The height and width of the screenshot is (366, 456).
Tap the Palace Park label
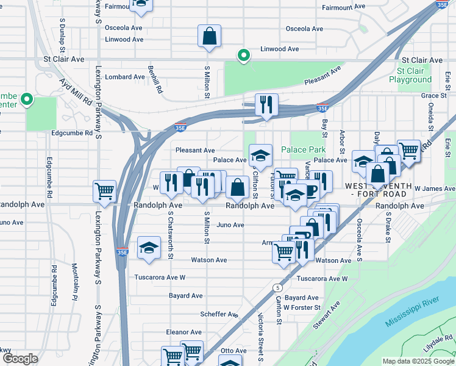click(x=303, y=149)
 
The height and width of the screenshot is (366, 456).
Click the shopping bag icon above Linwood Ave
click(x=209, y=36)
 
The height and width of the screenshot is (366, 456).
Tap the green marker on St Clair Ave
click(x=243, y=56)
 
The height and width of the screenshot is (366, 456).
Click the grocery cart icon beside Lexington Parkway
click(x=104, y=191)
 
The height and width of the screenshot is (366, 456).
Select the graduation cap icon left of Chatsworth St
click(x=149, y=248)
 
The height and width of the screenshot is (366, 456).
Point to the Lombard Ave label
click(x=125, y=77)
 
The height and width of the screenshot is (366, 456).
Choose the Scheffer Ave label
click(x=219, y=314)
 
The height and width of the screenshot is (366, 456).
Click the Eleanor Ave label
click(x=183, y=332)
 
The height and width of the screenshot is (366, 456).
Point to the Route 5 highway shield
click(x=278, y=287)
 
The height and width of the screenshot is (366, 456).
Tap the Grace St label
click(x=433, y=95)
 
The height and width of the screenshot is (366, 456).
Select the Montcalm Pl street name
click(x=75, y=281)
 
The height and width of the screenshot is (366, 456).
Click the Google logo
click(x=20, y=359)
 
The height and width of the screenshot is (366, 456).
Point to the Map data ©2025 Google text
click(x=418, y=361)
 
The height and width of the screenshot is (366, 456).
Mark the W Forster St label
click(x=302, y=307)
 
